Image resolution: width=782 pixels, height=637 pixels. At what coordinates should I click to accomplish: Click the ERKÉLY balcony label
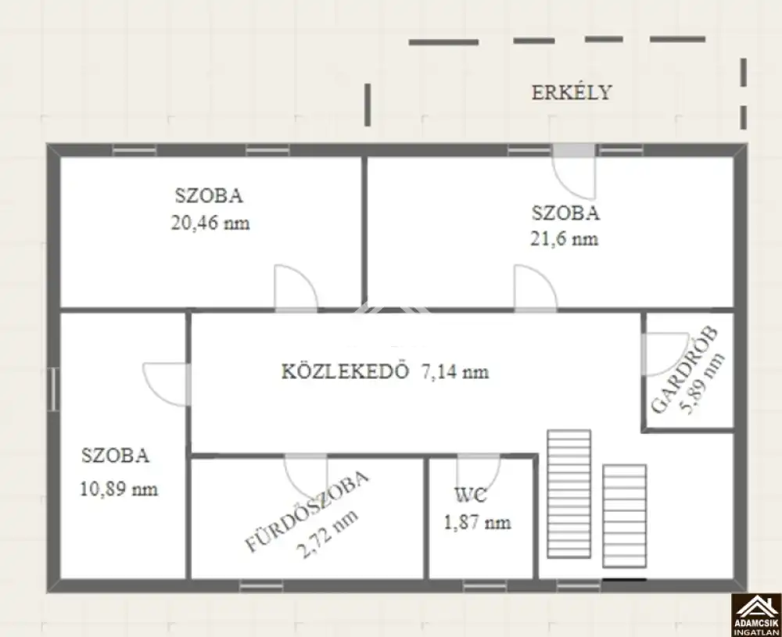(x=572, y=92)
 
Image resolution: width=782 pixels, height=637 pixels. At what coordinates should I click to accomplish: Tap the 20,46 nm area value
(x=210, y=222)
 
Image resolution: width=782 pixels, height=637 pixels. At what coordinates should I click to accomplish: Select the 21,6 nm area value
(x=564, y=238)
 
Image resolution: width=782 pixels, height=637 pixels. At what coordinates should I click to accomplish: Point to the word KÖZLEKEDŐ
(x=345, y=371)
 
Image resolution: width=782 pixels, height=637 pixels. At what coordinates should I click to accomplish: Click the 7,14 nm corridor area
(x=455, y=372)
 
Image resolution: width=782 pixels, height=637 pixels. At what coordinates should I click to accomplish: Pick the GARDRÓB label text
(x=685, y=370)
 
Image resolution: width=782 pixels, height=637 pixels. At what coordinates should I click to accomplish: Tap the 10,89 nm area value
(x=119, y=489)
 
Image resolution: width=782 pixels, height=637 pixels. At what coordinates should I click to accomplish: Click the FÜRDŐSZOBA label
(x=307, y=511)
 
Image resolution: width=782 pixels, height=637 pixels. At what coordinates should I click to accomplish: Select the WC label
(x=470, y=496)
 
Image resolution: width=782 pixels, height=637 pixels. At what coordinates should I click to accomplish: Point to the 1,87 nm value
(x=477, y=522)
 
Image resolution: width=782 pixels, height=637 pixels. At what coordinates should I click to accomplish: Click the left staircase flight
(x=569, y=493)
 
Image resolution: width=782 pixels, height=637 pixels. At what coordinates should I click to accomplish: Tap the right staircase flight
(x=624, y=516)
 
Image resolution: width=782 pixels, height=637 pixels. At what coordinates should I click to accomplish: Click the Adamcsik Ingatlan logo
(x=756, y=615)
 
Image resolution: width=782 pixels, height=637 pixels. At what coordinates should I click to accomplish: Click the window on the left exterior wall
(x=53, y=389)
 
